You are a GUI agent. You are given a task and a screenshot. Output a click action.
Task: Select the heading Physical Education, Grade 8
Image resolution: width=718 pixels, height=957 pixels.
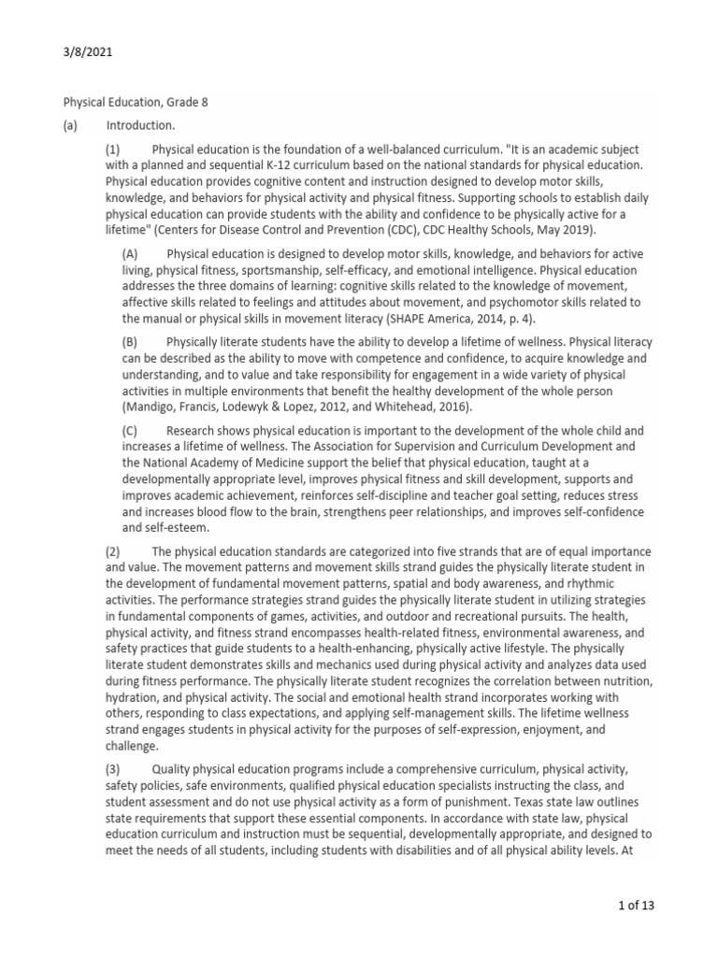click(x=136, y=102)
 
